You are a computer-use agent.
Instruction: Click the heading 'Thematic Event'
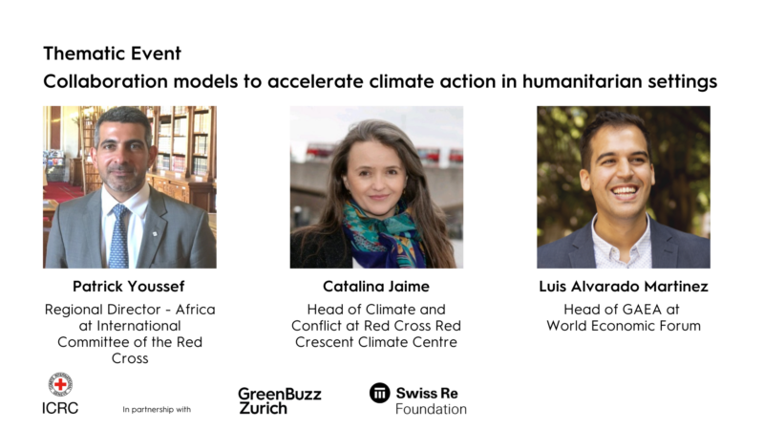coord(112,54)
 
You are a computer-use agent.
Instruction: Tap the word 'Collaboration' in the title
coord(105,81)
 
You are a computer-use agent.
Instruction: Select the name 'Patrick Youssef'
coord(129,286)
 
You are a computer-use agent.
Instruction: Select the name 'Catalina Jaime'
coord(376,286)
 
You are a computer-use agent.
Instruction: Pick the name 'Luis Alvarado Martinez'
coord(624,286)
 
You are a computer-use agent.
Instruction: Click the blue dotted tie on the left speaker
coord(118,236)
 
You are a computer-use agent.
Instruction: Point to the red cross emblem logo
coord(60,385)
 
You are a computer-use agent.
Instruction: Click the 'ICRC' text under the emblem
coord(60,408)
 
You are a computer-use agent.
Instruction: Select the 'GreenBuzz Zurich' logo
coord(280,400)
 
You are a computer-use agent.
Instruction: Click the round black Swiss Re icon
coord(379,393)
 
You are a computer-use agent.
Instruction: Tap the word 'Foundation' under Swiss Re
coord(431,409)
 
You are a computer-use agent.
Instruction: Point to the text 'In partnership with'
coord(157,410)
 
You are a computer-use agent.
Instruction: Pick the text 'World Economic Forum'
coord(624,326)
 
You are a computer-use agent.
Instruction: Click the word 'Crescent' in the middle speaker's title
coord(325,342)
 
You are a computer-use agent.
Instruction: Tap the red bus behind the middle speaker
coord(322,151)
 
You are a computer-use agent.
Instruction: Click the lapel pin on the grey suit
coord(155,234)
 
